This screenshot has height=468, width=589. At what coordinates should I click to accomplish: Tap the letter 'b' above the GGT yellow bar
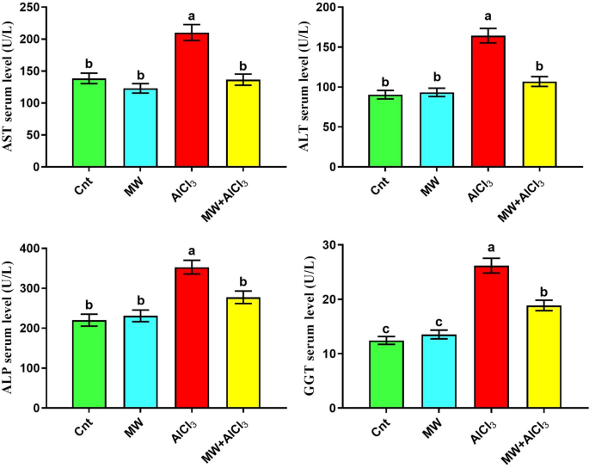pos(543,291)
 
